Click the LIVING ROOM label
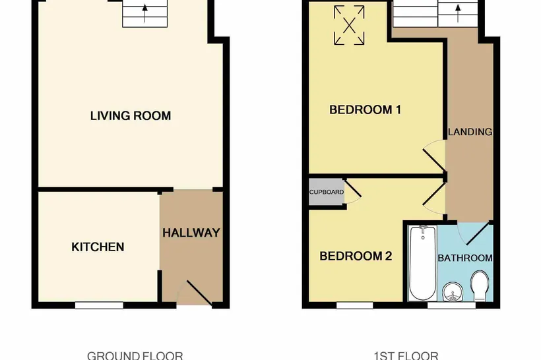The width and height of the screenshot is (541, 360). tap(131, 115)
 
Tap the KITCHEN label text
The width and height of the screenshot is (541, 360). tap(98, 247)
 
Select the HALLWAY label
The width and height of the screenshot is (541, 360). tap(191, 233)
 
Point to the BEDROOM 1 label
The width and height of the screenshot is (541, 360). tap(365, 109)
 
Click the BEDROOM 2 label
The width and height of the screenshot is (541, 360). tap(356, 256)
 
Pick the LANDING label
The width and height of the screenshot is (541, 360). tap(470, 132)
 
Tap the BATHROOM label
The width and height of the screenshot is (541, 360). tap(465, 258)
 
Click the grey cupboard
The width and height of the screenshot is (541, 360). tap(326, 192)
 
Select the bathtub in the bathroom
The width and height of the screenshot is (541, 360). tap(423, 263)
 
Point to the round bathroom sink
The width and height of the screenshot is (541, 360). tap(452, 293)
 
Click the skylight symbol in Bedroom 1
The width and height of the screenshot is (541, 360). tap(349, 25)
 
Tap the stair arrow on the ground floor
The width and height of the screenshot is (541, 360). tap(145, 13)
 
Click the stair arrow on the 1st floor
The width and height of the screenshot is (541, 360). tap(458, 13)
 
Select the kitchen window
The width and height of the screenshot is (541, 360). tap(100, 305)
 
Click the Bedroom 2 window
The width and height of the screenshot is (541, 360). tap(355, 305)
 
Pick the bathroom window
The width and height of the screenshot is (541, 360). tap(452, 305)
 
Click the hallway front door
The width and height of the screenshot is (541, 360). tap(199, 293)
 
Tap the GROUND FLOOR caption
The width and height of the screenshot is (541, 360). tap(135, 355)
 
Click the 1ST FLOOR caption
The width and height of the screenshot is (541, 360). tap(406, 355)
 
